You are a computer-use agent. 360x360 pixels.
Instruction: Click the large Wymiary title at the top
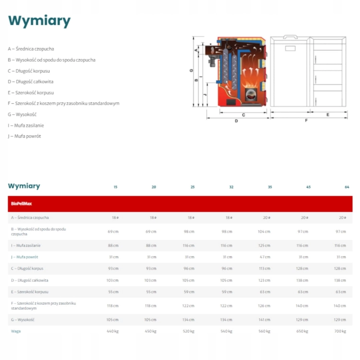39,21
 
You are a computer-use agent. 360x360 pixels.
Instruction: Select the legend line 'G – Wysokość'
22,114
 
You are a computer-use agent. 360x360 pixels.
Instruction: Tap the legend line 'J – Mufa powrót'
24,136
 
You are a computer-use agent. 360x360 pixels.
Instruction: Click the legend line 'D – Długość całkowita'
31,82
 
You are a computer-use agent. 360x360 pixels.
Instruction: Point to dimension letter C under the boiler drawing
243,115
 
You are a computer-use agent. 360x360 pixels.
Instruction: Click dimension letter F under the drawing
306,120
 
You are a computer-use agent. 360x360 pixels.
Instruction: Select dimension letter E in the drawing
328,115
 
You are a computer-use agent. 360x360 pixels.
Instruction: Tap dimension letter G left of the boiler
191,70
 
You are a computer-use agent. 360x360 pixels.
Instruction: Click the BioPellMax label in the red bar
21,204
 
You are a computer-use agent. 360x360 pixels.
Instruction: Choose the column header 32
230,187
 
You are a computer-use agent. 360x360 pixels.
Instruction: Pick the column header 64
347,187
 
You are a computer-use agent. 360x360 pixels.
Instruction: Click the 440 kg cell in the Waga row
113,331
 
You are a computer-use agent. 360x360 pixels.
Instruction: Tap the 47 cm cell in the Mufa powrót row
264,257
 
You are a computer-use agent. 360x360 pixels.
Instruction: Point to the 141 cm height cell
264,319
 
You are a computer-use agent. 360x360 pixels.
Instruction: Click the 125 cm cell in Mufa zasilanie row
264,245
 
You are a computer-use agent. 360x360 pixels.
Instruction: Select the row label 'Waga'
16,331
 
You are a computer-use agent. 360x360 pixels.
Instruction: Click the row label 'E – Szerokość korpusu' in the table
30,292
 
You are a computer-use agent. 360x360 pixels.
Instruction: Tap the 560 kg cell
264,331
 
